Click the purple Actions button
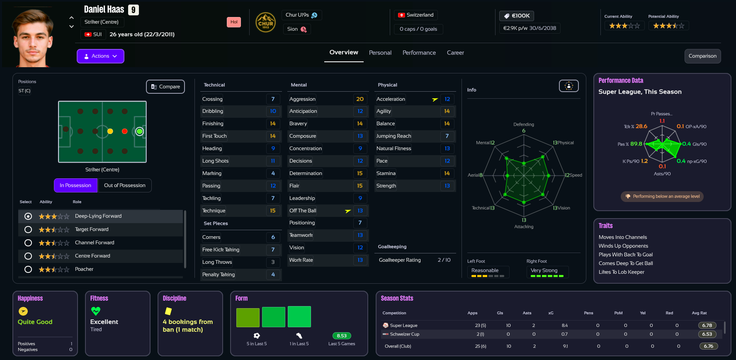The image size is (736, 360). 100,56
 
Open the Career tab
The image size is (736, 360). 455,53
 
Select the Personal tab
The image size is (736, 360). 380,53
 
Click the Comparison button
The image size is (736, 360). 702,56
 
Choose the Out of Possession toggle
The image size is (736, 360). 124,185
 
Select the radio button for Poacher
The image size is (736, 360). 28,269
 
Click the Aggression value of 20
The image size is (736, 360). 359,99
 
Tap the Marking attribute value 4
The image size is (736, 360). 273,173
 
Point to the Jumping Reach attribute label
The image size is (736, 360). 394,136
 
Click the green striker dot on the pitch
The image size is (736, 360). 139,131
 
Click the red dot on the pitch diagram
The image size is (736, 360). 124,131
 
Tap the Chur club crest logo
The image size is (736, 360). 265,22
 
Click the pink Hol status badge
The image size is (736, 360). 234,22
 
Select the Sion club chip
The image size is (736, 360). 296,29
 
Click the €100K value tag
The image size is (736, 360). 517,16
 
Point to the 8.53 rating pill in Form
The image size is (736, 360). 342,336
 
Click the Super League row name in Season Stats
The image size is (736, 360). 403,326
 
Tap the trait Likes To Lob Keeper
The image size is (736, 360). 621,272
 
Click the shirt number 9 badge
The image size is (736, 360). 133,10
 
